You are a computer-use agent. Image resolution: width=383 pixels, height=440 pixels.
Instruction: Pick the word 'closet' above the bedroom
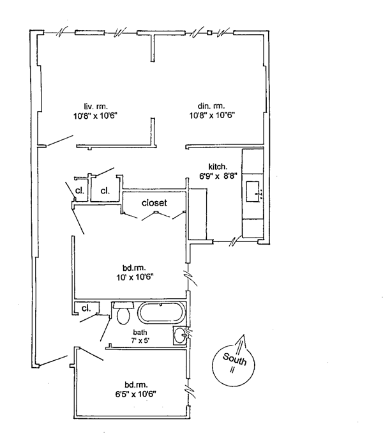[154, 202]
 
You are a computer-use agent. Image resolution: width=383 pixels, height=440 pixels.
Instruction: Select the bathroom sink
[181, 334]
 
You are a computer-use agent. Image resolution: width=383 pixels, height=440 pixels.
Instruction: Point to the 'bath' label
[140, 333]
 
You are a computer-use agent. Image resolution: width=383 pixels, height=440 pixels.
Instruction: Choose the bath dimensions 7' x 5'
[140, 341]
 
